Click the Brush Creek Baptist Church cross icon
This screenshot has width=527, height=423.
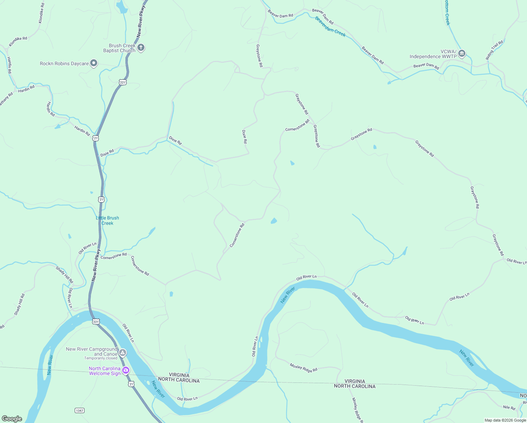(x=141, y=48)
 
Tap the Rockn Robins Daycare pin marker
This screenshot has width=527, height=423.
(x=94, y=63)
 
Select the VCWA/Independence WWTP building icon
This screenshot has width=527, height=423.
(x=462, y=54)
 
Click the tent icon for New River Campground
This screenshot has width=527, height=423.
(x=122, y=352)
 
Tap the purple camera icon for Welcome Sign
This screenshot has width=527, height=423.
(x=126, y=370)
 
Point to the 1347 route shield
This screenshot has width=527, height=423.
(x=80, y=410)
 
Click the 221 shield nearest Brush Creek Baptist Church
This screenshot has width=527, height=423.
(x=122, y=82)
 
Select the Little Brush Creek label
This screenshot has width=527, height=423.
(x=107, y=221)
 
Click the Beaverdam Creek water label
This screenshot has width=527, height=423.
(x=330, y=27)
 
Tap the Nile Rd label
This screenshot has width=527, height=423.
(x=509, y=407)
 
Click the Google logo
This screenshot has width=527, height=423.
(x=12, y=419)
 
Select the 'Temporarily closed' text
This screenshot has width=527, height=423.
(x=101, y=358)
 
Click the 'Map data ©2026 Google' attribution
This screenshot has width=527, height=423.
(x=505, y=420)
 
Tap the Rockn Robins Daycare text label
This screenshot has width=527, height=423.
(x=64, y=63)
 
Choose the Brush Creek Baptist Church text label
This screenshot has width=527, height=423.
(x=119, y=48)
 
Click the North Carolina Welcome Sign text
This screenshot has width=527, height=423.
(x=105, y=371)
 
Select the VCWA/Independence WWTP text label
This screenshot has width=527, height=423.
(x=433, y=54)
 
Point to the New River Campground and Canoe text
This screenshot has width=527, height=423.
(x=92, y=351)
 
